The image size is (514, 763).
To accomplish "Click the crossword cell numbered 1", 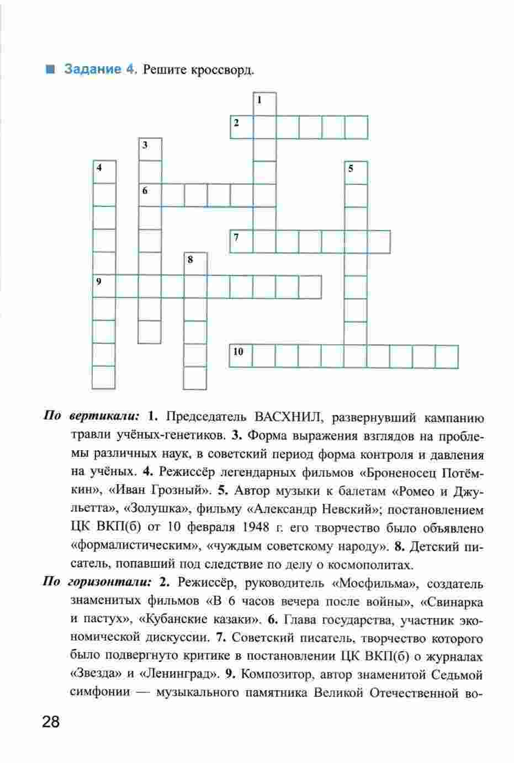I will coord(264,104).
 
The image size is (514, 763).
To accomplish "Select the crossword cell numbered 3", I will coord(150,150).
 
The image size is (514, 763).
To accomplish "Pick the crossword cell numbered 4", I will coord(104,172).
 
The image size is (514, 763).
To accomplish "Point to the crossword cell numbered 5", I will coord(356,173).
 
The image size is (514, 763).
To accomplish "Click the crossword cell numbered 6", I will coord(150,195).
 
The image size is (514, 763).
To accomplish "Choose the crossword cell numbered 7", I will coord(241,241).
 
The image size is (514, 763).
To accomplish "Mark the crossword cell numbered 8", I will coord(195,264).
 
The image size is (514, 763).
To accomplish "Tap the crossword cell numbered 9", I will coord(104,286).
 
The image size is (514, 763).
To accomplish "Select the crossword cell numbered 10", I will coord(241,356).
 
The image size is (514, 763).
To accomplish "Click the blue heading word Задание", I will coord(92,70).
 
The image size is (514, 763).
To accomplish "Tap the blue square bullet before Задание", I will coord(50,70).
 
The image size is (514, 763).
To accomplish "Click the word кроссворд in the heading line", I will coord(224,70).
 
